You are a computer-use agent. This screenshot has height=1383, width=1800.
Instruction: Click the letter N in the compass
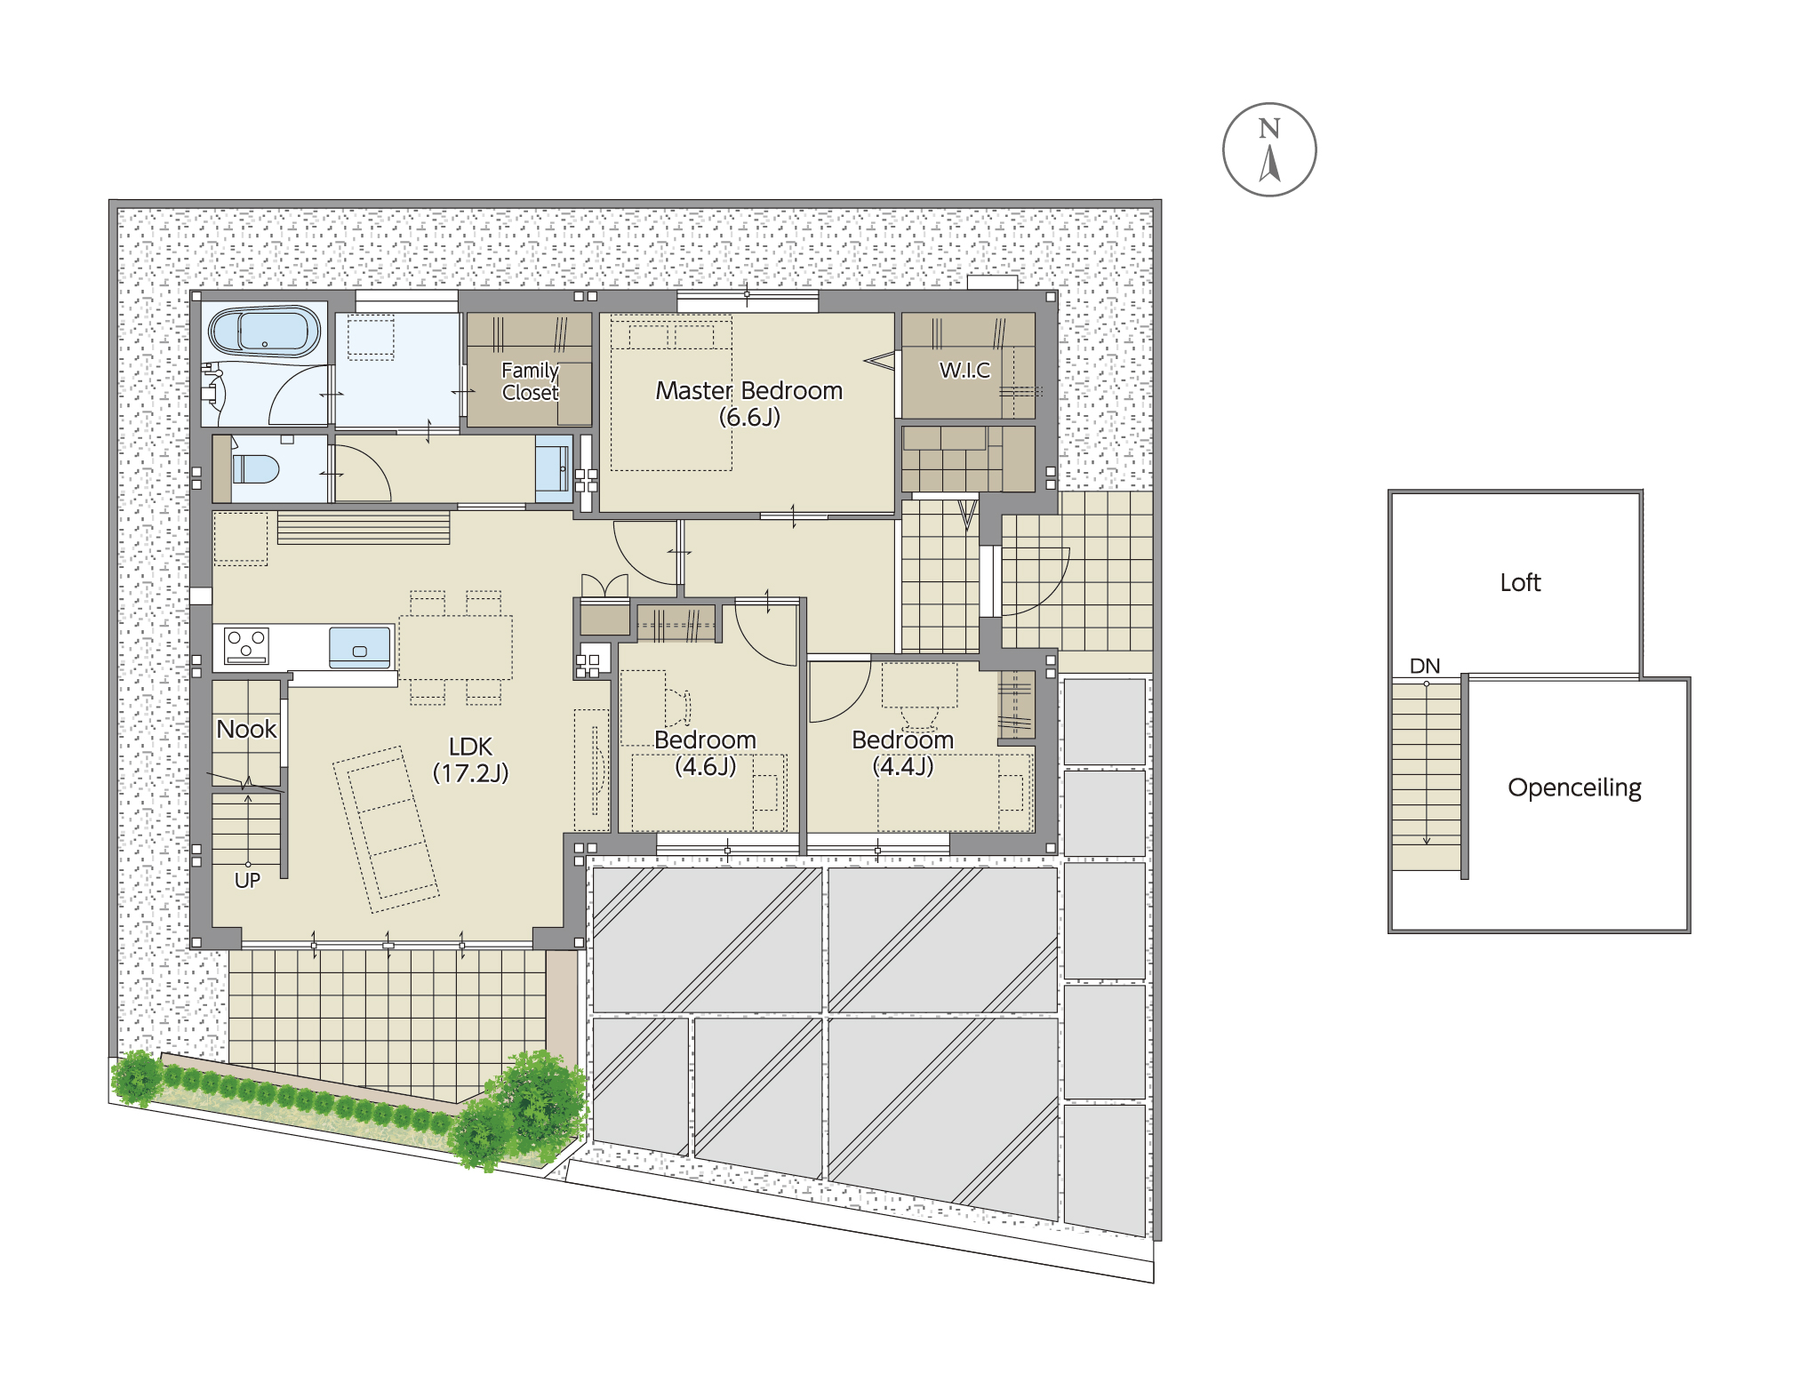[1268, 129]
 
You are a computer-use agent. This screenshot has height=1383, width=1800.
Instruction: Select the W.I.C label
[964, 370]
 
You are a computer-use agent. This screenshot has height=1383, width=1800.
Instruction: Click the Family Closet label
[531, 381]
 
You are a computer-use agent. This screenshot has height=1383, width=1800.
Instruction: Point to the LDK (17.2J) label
[470, 760]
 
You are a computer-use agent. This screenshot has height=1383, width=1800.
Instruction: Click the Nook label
[246, 729]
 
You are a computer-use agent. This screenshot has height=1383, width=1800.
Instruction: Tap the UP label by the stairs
[247, 880]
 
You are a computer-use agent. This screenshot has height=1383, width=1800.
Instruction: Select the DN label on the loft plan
[1424, 666]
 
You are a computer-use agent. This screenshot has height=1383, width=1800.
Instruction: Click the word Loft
[1520, 582]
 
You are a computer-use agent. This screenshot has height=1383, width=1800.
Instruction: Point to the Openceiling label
[1574, 787]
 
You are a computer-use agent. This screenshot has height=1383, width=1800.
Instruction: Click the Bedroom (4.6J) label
[705, 753]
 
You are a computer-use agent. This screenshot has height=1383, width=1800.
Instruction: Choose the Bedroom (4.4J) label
[902, 753]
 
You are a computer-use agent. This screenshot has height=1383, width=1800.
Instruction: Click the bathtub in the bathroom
[265, 332]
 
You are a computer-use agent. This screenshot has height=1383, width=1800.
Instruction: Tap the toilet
[256, 468]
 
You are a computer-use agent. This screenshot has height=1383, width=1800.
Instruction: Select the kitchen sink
[360, 647]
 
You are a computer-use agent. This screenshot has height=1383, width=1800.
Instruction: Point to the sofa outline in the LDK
[386, 829]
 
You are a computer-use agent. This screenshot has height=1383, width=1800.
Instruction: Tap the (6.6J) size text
[749, 417]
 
